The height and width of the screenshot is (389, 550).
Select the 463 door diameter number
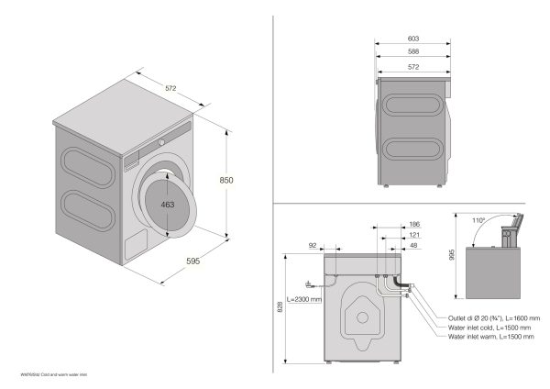[x=167, y=205]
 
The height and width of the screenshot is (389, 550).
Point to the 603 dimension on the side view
[x=413, y=39]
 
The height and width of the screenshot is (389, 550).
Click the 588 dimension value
[x=413, y=52]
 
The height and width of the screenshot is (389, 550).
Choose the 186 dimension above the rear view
[x=414, y=225]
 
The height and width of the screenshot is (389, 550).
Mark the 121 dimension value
[x=414, y=236]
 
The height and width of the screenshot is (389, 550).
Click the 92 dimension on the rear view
[x=313, y=247]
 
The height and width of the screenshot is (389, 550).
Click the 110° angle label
[x=476, y=221]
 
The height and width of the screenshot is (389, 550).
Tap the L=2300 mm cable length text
[x=303, y=299]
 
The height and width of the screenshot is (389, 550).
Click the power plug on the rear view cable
[x=311, y=283]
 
